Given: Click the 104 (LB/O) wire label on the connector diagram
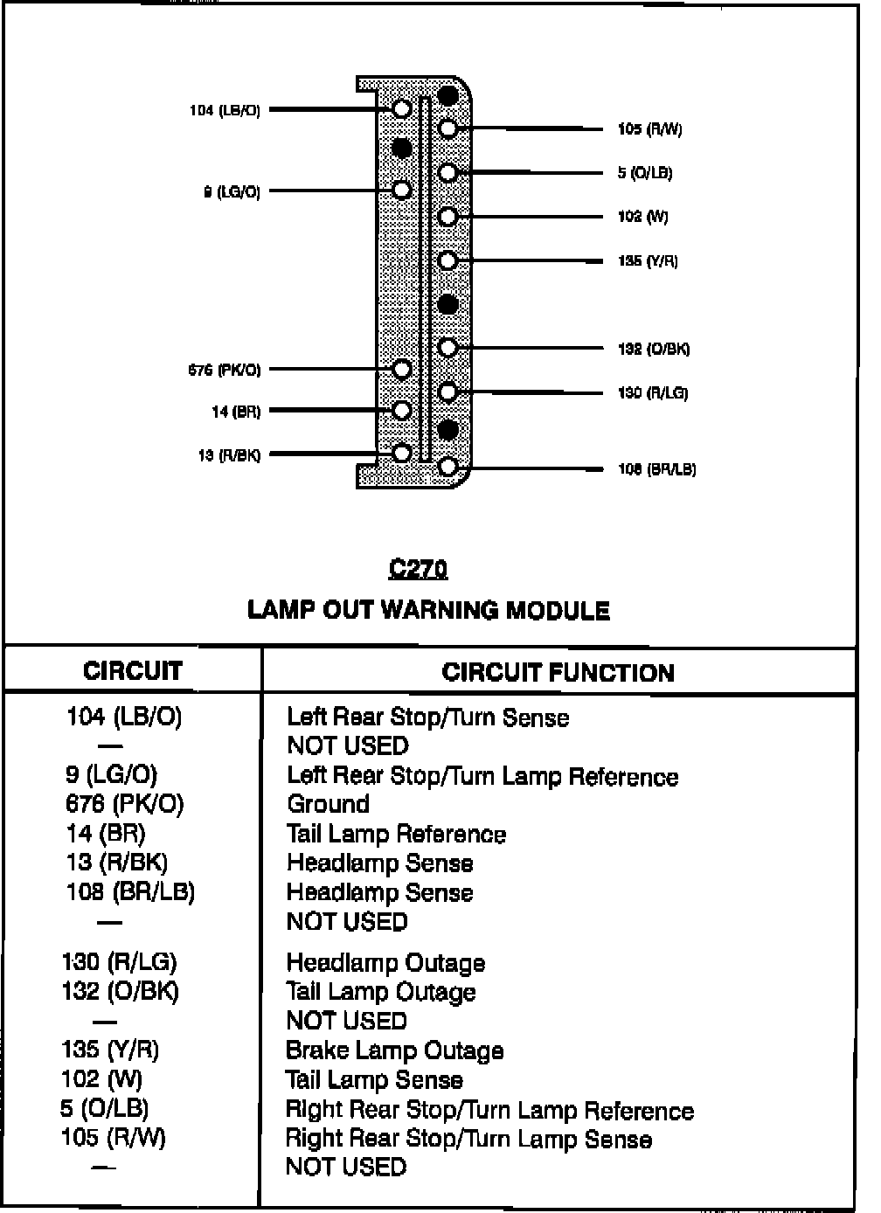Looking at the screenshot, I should (225, 111).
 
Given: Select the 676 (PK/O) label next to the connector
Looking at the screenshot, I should (225, 370).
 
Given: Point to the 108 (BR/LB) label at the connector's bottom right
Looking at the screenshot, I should (656, 469).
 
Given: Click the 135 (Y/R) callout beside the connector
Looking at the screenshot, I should (648, 260).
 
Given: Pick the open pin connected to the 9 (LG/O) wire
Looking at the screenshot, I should (402, 190).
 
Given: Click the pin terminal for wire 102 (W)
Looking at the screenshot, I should (447, 216).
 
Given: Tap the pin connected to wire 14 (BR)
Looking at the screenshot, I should (402, 409).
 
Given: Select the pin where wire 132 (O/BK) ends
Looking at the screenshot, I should (447, 347).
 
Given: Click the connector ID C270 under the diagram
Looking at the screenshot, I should (418, 570).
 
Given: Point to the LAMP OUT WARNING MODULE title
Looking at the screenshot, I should (428, 609).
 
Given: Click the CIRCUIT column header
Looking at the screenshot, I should (133, 670).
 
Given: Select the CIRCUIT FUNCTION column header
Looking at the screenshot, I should (558, 672).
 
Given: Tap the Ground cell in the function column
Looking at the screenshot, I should (328, 804).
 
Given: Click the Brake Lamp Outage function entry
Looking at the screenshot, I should (394, 1050).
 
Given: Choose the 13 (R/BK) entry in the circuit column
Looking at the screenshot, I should (116, 863).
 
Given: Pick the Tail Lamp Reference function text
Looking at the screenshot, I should (396, 834).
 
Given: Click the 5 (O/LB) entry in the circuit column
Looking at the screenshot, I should (104, 1108).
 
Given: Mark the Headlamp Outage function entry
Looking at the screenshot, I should (385, 963).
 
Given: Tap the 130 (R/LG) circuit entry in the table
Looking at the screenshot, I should (119, 962).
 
